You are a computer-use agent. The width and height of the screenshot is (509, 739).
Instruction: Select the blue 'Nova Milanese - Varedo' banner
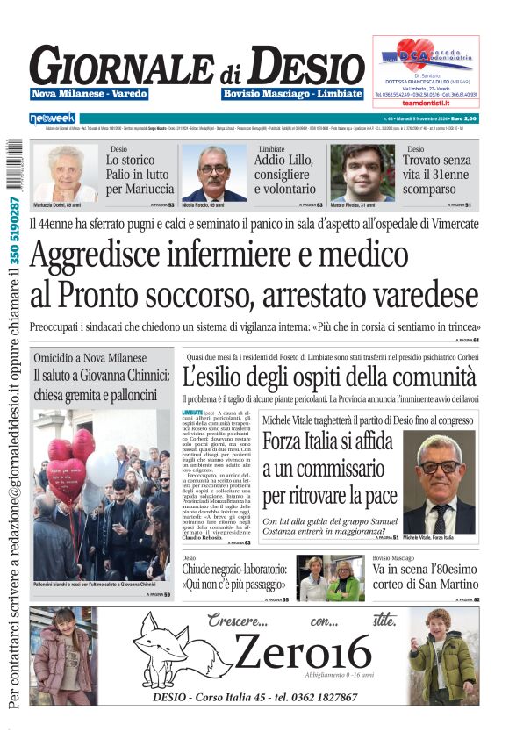pos(89,94)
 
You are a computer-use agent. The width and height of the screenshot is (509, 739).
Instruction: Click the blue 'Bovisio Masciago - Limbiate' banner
pos(292,94)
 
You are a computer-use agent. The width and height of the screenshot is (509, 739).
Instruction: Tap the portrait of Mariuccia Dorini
pos(65,172)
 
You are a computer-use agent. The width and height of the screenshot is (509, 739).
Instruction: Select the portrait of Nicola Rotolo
pos(213,173)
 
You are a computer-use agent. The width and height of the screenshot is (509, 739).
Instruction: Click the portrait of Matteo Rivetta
pos(362,172)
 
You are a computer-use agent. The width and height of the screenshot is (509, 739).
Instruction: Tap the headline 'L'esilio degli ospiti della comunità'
pos(329,378)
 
